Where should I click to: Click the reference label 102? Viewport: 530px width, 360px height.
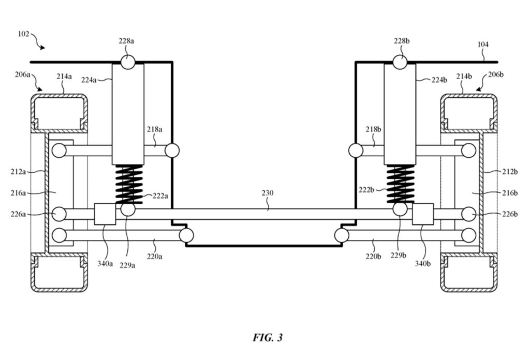pos(23,34)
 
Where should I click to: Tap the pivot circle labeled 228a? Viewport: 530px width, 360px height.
pos(128,63)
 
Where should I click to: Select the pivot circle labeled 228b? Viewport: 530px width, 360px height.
pos(400,63)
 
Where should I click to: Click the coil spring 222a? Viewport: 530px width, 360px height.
pos(129,184)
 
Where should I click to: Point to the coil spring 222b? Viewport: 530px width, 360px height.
pos(401,184)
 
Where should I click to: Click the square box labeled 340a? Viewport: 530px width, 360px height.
pos(105,214)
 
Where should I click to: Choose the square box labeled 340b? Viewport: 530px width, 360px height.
pos(423,214)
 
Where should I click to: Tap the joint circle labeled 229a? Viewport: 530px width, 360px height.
pos(128,209)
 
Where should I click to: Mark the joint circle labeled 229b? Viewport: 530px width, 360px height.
pos(400,209)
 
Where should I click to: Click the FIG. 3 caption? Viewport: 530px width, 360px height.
pos(268,337)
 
